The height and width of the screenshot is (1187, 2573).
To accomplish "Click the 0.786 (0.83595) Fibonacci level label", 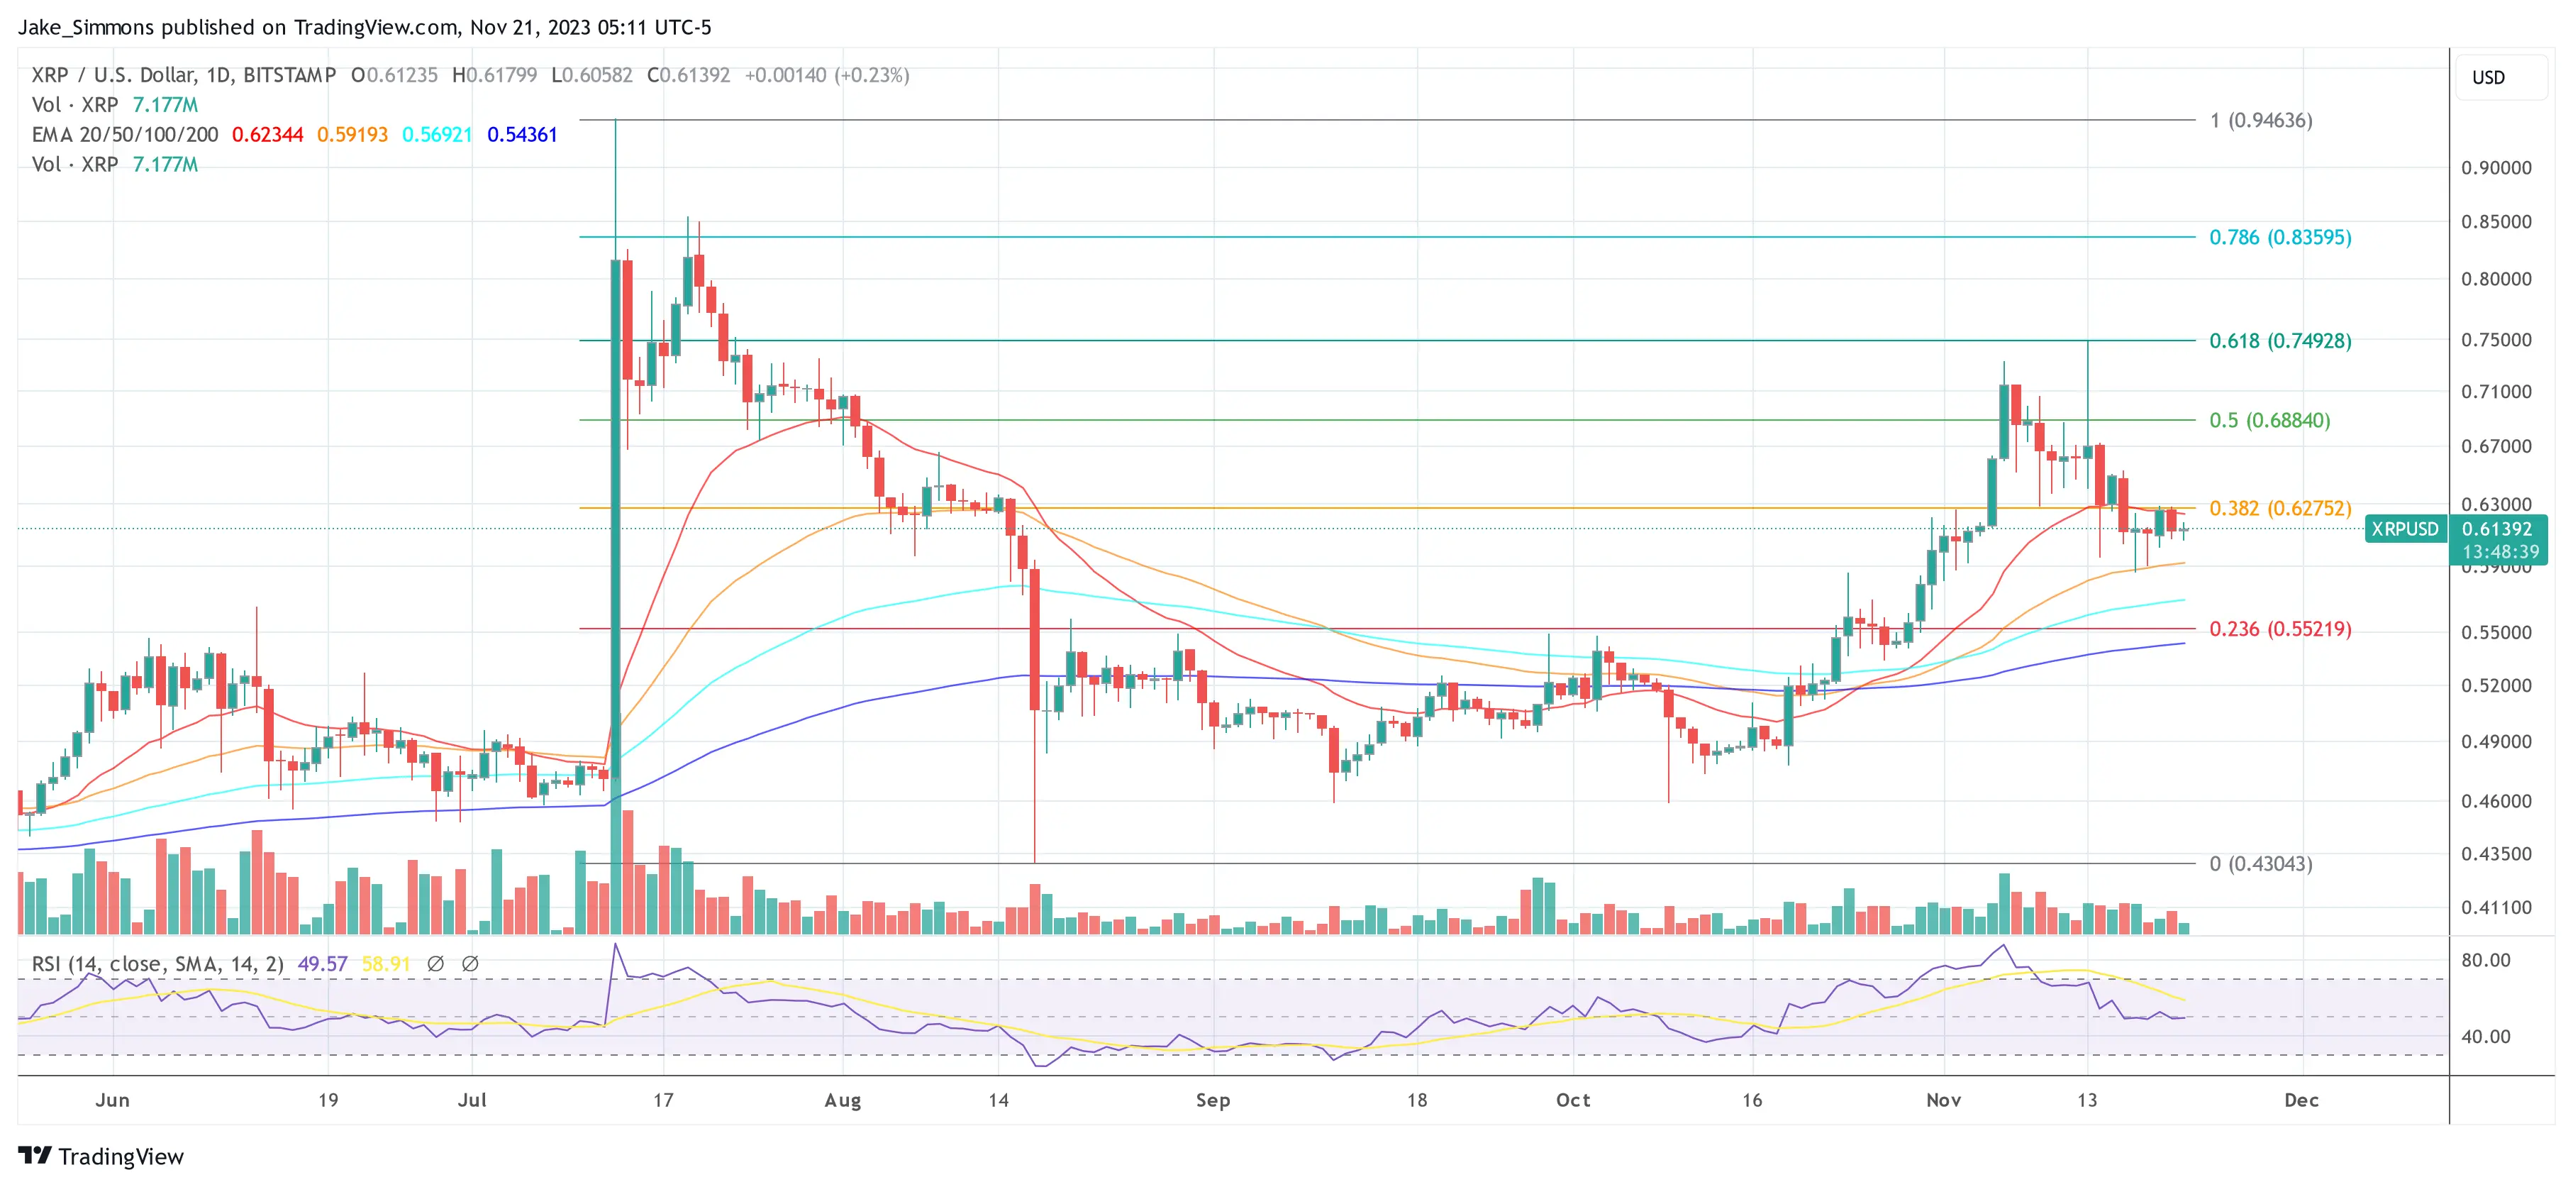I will pos(2279,238).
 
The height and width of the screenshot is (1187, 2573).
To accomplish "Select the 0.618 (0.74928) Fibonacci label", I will pos(2279,341).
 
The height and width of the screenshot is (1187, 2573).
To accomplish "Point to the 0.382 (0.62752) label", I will pos(2279,509).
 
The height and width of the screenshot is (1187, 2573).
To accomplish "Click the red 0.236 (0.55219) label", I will pos(2279,629).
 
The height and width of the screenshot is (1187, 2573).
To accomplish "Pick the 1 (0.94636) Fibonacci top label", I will pos(2260,121).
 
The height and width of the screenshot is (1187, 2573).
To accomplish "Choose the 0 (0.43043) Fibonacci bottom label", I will pos(2260,864).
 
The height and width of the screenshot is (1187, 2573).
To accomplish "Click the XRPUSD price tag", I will pos(2404,529).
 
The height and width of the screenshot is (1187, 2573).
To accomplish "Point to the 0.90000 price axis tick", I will pos(2495,168).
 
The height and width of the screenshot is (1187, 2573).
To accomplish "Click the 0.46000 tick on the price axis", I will pos(2495,801).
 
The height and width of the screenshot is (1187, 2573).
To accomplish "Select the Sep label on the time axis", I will pos(1213,1100).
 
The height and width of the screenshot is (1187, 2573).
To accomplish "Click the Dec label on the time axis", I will pos(2301,1100).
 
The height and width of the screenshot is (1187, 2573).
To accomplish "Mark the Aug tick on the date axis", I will pos(842,1100).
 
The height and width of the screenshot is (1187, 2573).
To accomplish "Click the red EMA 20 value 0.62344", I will pos(267,135).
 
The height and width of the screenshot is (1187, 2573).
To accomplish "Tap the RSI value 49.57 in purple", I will pos(323,964).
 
